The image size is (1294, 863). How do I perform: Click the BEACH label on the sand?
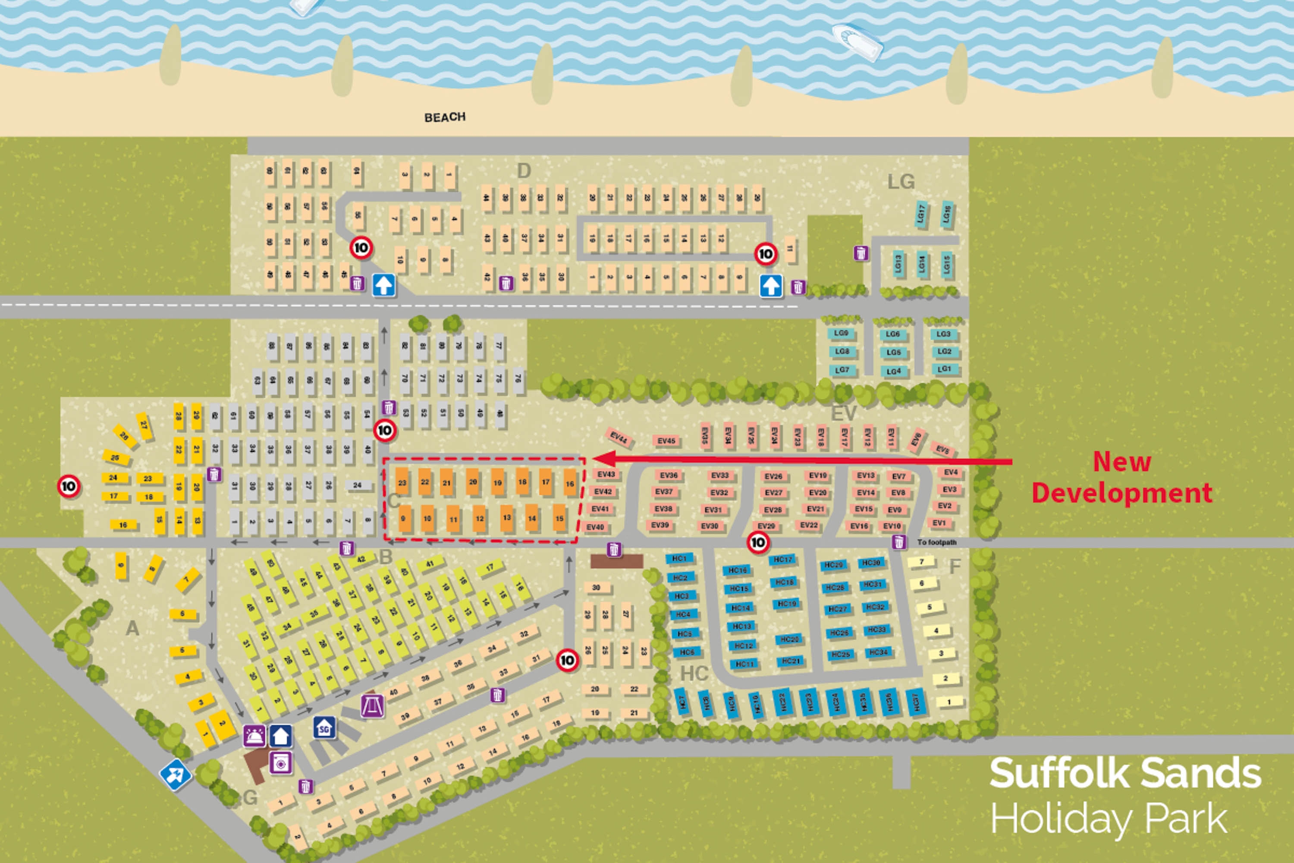point(445,117)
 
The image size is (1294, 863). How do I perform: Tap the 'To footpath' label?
point(936,542)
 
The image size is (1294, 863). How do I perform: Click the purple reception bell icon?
point(254,736)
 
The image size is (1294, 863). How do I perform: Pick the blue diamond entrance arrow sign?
point(176,775)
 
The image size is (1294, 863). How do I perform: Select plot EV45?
point(666,441)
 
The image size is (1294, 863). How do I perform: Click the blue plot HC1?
point(679,559)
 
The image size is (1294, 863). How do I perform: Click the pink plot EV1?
point(939,523)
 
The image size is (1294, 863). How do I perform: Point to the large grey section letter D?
point(524,171)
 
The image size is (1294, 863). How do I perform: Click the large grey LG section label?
point(901,182)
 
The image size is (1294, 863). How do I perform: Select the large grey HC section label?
point(694,673)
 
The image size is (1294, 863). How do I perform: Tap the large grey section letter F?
point(955,566)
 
